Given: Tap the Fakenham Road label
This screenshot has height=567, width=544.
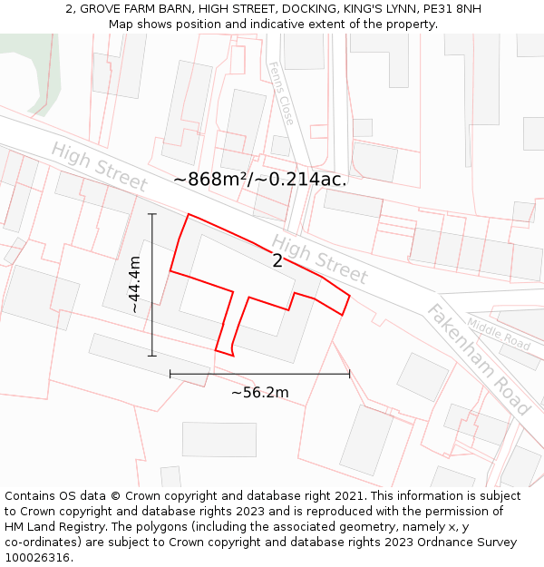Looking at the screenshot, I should point(478,359).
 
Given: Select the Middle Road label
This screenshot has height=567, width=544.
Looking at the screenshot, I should point(499,334).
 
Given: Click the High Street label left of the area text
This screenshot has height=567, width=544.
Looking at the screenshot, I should point(99,167).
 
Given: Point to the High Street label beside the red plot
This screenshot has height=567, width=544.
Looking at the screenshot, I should point(320,259).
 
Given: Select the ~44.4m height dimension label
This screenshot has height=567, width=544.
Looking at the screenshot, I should point(134,285).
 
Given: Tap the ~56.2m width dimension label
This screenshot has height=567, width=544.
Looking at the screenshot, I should point(259,392).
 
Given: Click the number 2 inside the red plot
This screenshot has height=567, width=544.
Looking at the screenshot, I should point(277,261).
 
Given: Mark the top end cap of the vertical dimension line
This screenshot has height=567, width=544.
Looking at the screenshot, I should point(152,215).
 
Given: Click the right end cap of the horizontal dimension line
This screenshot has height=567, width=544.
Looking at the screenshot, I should point(349,373).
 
